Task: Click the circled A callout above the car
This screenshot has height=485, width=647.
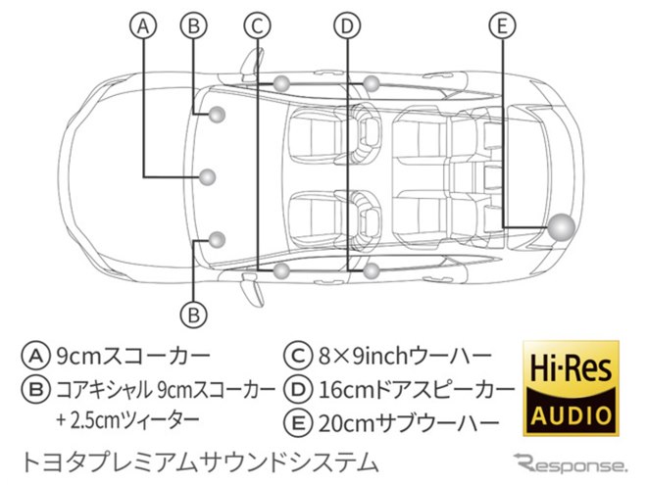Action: click(x=143, y=25)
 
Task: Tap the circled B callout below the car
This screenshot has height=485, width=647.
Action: click(x=193, y=315)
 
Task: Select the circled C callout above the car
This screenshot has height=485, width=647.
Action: click(x=257, y=25)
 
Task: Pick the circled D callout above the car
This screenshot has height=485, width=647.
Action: click(x=347, y=25)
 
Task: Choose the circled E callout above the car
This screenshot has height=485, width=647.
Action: click(x=502, y=25)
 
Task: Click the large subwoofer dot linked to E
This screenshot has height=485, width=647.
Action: click(x=561, y=227)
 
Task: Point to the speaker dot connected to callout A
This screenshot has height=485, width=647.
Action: click(x=207, y=177)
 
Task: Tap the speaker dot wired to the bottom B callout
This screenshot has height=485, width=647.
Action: click(x=217, y=240)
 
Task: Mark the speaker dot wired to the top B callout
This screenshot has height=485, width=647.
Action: click(x=217, y=115)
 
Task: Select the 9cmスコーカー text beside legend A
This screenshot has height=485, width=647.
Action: click(x=133, y=356)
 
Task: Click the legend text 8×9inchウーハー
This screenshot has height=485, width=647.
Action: click(x=405, y=356)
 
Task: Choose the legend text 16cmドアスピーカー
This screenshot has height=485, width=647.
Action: click(x=417, y=389)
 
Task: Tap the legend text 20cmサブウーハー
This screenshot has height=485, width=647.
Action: click(x=409, y=423)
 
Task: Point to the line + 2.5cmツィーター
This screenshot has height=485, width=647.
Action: click(x=128, y=420)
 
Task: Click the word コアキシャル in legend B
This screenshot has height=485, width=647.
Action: click(x=103, y=389)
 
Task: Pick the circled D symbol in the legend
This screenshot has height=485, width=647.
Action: click(x=297, y=389)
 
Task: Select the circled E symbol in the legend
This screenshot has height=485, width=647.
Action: click(x=297, y=423)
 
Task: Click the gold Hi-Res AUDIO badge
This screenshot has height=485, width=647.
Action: click(x=572, y=388)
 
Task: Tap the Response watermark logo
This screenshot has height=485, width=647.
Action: click(x=572, y=462)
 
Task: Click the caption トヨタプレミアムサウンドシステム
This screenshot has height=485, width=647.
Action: click(x=199, y=461)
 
